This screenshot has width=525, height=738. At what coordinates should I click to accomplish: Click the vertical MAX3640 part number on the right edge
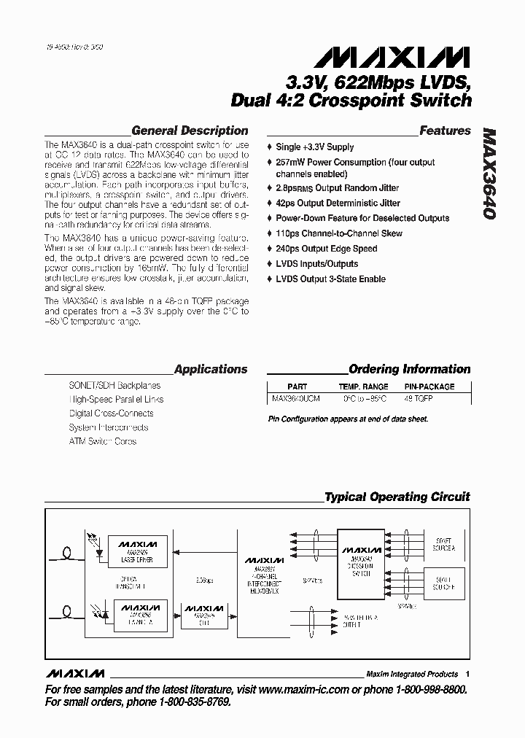tap(489, 175)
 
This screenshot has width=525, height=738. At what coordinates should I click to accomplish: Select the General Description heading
tap(190, 131)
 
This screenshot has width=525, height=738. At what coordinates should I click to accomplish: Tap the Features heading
tap(445, 131)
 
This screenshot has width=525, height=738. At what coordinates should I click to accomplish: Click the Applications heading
tap(211, 369)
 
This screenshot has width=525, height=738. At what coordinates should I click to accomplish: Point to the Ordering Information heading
tap(409, 369)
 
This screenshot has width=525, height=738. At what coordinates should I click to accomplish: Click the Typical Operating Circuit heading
tap(397, 497)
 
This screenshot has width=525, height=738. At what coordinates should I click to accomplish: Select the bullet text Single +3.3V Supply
tap(314, 147)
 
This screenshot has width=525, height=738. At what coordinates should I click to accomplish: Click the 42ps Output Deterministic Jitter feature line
tap(338, 203)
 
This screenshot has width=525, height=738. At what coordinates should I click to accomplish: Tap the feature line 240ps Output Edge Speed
tap(326, 249)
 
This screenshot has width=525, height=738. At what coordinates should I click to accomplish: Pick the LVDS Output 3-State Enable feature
tap(330, 279)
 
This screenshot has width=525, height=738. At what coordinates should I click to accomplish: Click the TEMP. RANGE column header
tap(363, 387)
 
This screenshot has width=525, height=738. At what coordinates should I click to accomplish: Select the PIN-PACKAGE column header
tap(429, 387)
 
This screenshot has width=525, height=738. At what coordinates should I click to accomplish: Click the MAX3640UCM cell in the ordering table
tap(289, 400)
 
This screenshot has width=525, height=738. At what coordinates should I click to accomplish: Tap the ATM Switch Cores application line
tap(103, 441)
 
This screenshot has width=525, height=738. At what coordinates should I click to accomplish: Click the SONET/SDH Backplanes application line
tap(114, 385)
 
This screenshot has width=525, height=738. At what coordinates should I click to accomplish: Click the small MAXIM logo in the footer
tap(74, 673)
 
